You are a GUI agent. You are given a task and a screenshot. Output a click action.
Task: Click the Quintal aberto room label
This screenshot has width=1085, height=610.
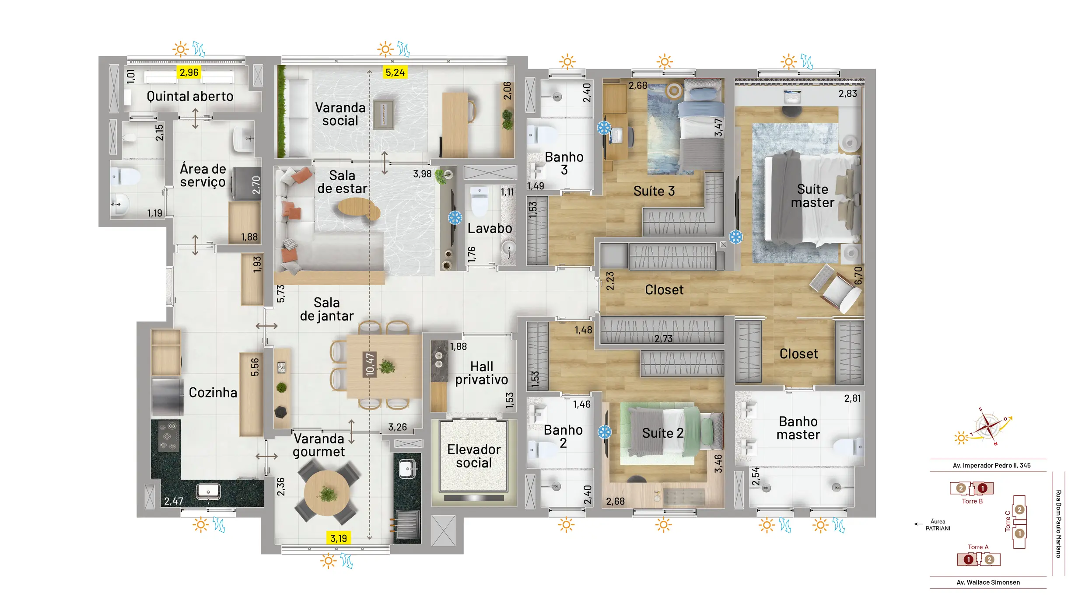(x=190, y=96)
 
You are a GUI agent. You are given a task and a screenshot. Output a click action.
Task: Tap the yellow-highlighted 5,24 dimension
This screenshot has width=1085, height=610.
(x=395, y=73)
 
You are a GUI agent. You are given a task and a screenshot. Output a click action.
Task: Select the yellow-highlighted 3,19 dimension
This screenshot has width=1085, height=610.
(x=339, y=538)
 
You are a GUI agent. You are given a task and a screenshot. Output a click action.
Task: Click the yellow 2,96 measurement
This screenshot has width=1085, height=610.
(x=189, y=73)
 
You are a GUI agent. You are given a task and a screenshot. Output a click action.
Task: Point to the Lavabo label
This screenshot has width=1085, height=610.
(x=490, y=228)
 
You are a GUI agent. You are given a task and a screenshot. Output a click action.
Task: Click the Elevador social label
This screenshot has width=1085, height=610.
(x=474, y=456)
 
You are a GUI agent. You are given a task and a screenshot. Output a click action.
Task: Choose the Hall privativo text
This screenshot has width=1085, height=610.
(x=482, y=373)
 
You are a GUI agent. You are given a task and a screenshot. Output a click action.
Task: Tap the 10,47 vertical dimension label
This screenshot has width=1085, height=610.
(x=370, y=365)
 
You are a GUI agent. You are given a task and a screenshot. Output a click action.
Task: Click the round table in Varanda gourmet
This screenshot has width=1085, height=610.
(x=327, y=493)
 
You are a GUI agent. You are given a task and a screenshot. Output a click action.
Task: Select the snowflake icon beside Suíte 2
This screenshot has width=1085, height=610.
(x=605, y=432)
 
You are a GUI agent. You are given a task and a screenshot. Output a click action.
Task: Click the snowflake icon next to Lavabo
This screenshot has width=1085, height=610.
(x=455, y=217)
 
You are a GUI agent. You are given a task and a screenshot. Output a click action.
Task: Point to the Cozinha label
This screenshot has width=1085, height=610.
(x=213, y=392)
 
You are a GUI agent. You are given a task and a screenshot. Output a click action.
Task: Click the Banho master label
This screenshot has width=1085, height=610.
(x=798, y=428)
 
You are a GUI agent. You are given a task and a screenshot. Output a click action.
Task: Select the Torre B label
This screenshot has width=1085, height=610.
(x=972, y=501)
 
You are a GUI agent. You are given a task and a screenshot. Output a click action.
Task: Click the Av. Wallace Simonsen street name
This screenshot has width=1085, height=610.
(x=988, y=582)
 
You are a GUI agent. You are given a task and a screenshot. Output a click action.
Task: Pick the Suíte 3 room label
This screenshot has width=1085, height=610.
(x=654, y=191)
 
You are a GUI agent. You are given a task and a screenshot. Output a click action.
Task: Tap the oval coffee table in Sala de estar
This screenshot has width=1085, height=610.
(x=358, y=208)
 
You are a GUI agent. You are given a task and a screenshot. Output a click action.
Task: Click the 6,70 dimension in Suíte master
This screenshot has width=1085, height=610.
(x=858, y=276)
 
